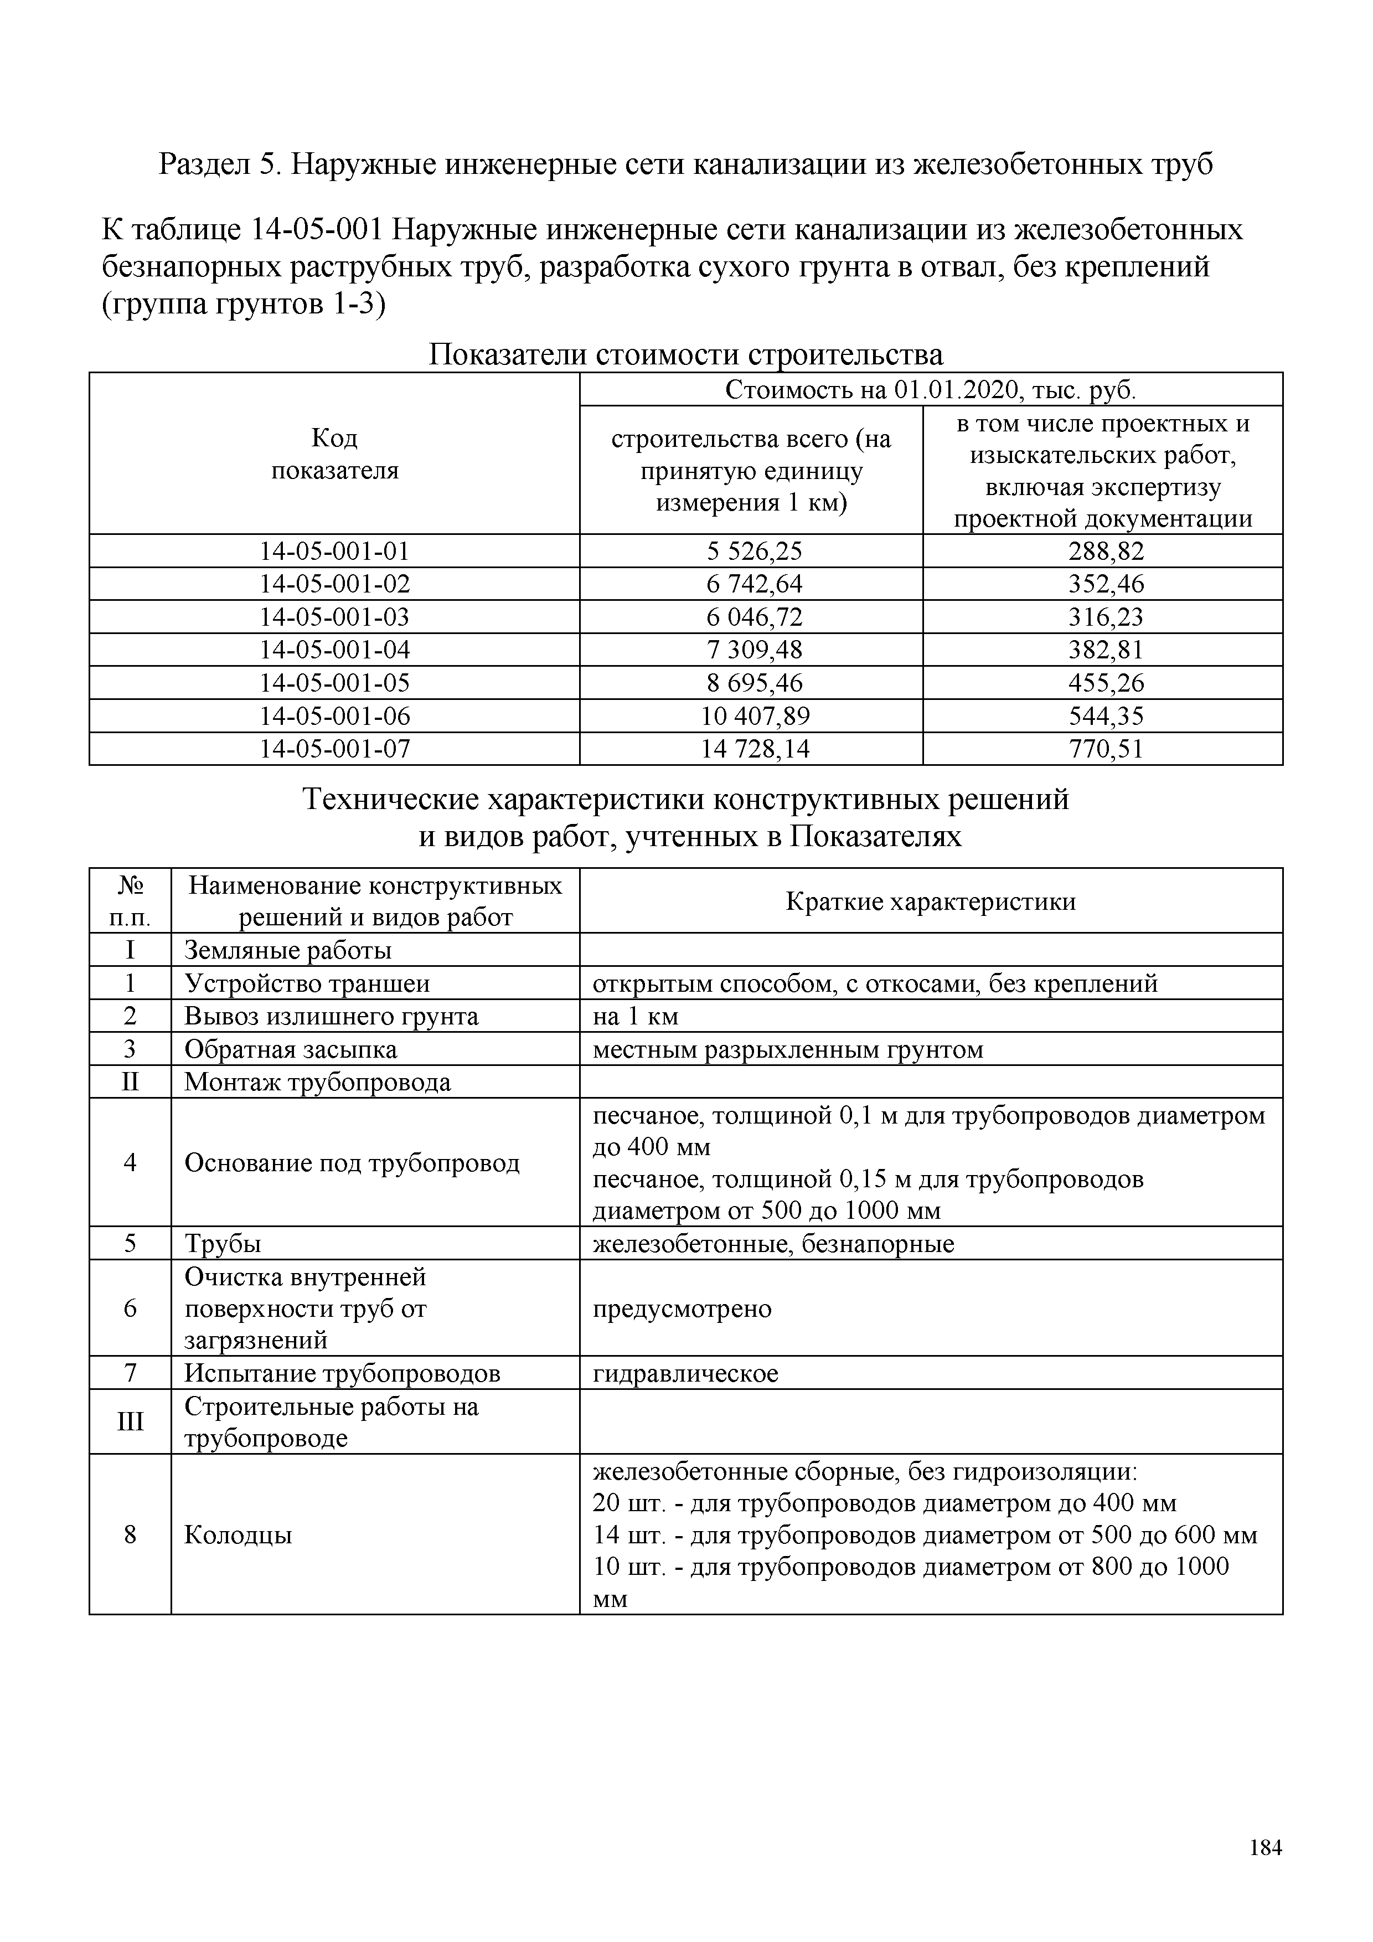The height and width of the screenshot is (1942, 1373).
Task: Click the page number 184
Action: pos(1265,1848)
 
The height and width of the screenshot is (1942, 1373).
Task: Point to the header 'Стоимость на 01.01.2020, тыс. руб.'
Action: pos(931,390)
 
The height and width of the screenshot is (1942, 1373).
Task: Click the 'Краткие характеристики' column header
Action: pos(931,902)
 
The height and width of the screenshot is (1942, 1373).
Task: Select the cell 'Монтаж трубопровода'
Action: pos(317,1083)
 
